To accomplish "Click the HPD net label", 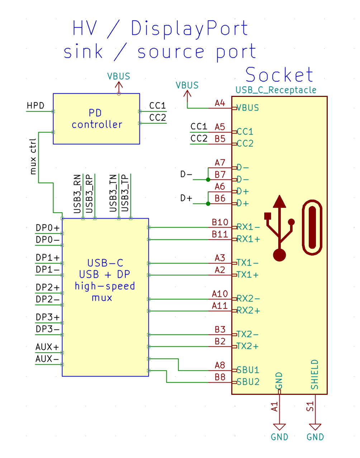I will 35,106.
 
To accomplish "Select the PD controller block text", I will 96,119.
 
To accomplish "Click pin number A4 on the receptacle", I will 220,103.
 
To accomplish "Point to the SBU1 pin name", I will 248,370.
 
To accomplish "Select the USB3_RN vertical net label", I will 77,194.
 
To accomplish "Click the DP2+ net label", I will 48,287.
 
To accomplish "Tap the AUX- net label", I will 47,359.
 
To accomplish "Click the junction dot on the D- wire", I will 208,179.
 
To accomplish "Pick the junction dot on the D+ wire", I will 208,204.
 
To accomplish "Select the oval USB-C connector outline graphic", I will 312,228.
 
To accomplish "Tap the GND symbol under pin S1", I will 315,428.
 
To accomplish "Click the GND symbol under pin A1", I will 279,428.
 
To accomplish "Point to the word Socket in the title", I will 279,75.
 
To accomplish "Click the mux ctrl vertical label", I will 33,156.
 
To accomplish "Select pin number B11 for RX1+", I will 220,234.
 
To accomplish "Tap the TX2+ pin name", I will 248,346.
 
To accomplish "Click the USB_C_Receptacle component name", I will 276,90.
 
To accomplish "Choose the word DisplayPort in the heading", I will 189,29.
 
